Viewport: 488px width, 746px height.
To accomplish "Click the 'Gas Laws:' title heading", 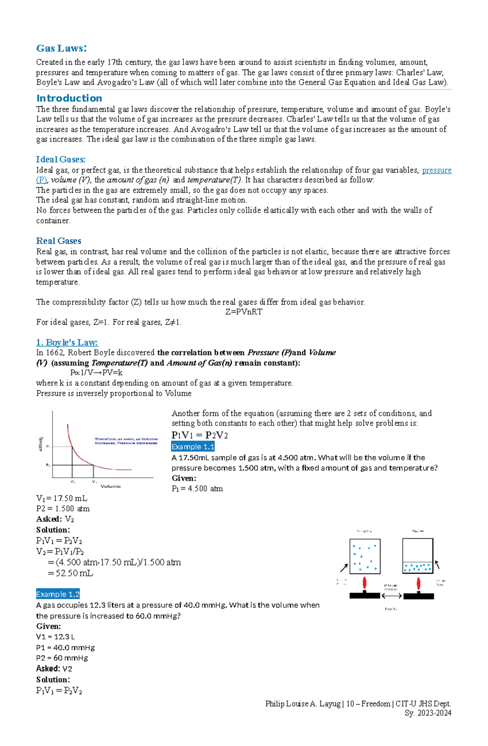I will [61, 48].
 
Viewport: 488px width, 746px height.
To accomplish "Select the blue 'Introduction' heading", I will [69, 98].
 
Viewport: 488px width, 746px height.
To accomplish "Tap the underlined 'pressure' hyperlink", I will [436, 170].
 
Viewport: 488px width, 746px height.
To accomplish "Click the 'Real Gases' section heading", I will [59, 241].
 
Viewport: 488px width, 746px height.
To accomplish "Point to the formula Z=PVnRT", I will [244, 312].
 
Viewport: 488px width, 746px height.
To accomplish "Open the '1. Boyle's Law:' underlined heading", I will [67, 342].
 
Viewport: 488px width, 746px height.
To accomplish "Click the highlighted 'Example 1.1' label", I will [193, 447].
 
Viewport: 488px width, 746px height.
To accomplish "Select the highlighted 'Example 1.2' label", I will [58, 594].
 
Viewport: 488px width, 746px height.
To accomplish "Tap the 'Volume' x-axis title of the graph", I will [111, 486].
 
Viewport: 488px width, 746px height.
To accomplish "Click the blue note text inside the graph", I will [126, 441].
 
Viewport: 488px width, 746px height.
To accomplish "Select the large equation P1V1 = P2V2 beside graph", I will [199, 435].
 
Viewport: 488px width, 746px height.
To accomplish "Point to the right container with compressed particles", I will [418, 556].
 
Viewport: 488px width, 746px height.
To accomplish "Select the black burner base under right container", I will [418, 596].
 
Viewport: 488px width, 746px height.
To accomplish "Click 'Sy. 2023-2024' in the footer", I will [428, 713].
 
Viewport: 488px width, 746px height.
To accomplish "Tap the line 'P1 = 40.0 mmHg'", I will [65, 647].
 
